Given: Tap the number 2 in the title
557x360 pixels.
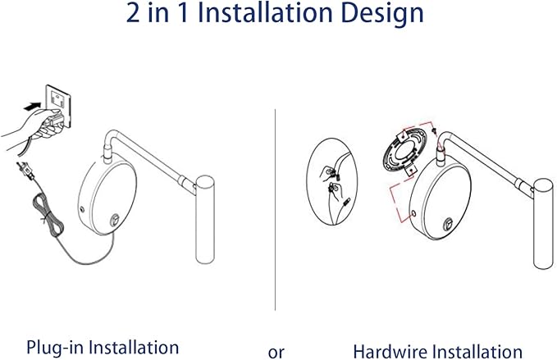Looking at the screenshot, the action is click(133, 13).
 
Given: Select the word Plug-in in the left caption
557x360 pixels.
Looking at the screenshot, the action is click(55, 347).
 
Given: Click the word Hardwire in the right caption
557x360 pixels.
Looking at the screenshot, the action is click(390, 352).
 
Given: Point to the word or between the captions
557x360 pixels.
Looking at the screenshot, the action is click(276, 353).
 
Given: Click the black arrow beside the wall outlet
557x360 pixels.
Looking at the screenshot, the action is click(32, 106).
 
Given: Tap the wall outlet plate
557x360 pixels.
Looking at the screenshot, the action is click(58, 105).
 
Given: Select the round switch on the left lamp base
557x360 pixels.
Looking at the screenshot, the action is click(114, 221).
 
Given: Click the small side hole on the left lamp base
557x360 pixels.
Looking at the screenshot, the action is click(82, 209).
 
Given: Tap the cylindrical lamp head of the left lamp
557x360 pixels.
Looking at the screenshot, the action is click(205, 220).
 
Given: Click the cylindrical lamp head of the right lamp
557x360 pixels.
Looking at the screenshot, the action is click(544, 224).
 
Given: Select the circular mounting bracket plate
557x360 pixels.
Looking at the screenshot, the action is click(404, 151).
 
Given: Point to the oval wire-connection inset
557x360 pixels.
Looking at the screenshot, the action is click(331, 181).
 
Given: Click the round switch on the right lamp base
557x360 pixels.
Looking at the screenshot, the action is click(448, 225).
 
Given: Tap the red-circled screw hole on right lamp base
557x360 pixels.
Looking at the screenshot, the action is click(413, 213).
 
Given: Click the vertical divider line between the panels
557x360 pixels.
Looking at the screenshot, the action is click(275, 210).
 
